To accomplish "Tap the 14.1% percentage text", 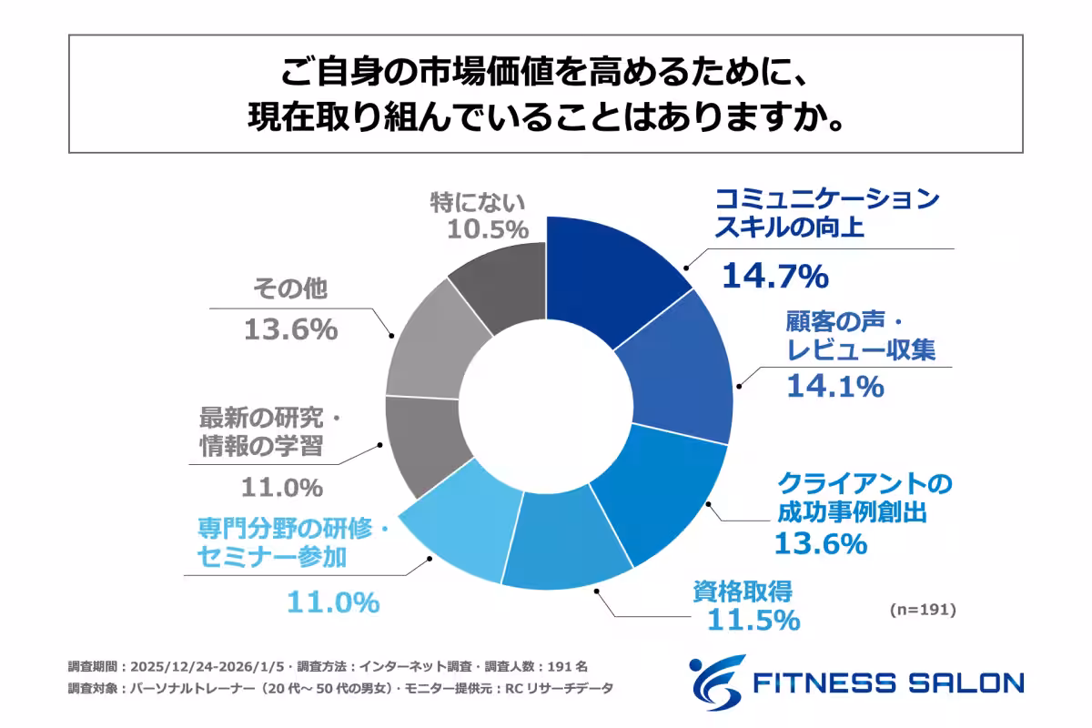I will click(834, 387).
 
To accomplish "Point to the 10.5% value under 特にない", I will click(488, 228).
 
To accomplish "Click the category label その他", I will click(289, 289).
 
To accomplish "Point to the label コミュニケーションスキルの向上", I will click(826, 213).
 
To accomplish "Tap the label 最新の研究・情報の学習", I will click(268, 434).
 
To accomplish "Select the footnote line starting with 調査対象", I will click(340, 689).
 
